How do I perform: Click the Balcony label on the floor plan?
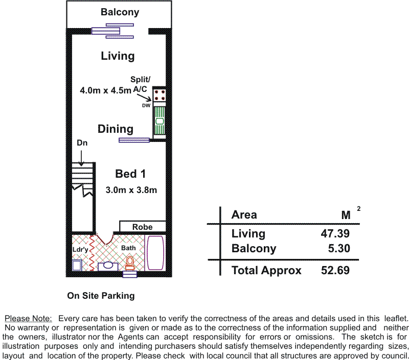pyautogui.click(x=120, y=12)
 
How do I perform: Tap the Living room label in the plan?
pyautogui.click(x=118, y=56)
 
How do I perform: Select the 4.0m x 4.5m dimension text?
pyautogui.click(x=105, y=90)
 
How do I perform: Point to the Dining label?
pyautogui.click(x=116, y=129)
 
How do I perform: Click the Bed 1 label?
pyautogui.click(x=130, y=174)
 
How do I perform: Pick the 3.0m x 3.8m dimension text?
pyautogui.click(x=131, y=190)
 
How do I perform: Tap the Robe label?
pyautogui.click(x=143, y=227)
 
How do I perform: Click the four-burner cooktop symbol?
pyautogui.click(x=160, y=95)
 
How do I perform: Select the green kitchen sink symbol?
pyautogui.click(x=160, y=121)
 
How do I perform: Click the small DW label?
pyautogui.click(x=146, y=106)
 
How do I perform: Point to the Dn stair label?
pyautogui.click(x=82, y=143)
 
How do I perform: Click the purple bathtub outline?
pyautogui.click(x=155, y=253)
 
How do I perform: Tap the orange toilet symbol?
pyautogui.click(x=130, y=263)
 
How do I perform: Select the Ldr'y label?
pyautogui.click(x=80, y=250)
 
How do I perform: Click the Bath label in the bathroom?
pyautogui.click(x=128, y=248)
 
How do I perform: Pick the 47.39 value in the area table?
pyautogui.click(x=335, y=233)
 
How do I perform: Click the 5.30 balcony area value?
pyautogui.click(x=339, y=248)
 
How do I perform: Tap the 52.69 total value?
pyautogui.click(x=335, y=270)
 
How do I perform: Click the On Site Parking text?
pyautogui.click(x=101, y=296)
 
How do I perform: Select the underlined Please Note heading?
pyautogui.click(x=28, y=318)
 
